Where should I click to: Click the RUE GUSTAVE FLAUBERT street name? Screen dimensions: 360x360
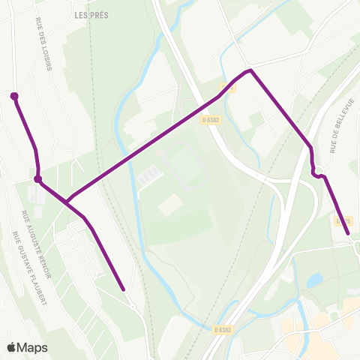(29, 268)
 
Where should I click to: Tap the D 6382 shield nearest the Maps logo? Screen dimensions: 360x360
(222, 330)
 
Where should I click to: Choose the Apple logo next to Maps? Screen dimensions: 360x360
(12, 347)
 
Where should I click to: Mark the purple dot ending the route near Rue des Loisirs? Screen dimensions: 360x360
(13, 96)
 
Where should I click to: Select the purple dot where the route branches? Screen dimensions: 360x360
(37, 179)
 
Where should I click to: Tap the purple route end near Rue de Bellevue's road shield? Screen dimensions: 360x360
(349, 234)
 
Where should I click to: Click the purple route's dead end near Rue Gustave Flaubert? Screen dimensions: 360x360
(122, 287)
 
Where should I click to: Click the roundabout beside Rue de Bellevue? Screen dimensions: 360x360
(318, 169)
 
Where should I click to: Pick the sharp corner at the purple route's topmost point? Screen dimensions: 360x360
(251, 70)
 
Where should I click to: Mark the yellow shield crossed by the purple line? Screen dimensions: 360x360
(232, 88)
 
